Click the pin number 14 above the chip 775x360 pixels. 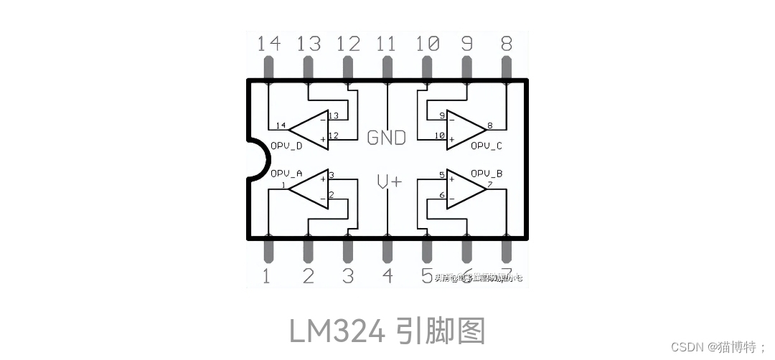point(269,44)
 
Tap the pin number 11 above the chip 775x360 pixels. point(386,44)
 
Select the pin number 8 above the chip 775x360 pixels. point(506,44)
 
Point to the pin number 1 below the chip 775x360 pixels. point(266,276)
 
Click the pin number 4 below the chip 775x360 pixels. point(387,276)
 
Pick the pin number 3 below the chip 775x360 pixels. point(347,276)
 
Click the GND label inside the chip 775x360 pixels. point(386,137)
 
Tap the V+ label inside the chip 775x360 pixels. point(389,182)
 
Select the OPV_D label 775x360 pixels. point(286,146)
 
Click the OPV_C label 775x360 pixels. point(487,146)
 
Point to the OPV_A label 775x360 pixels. point(286,174)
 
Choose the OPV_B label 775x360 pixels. point(487,174)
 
